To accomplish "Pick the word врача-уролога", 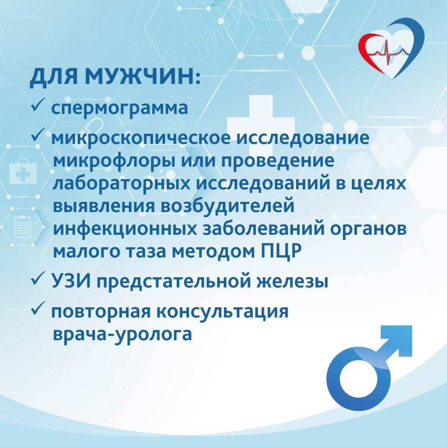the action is [123, 334].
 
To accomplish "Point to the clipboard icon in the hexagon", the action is [22, 226].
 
